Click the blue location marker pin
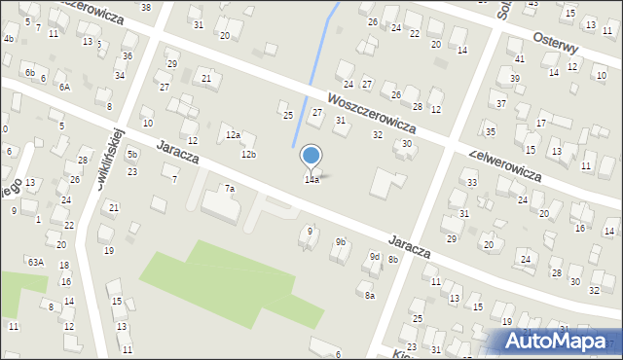point(311,157)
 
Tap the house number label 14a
point(311,180)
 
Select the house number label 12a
point(233,135)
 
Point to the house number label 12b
point(249,155)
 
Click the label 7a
point(230,188)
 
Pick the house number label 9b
point(341,241)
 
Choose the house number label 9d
point(374,257)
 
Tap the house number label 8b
point(393,260)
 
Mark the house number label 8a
point(370,295)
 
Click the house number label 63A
point(36,262)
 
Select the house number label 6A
point(64,87)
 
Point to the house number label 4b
point(9,39)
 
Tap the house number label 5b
point(132,155)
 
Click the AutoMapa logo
point(559,342)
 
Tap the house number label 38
point(146,7)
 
